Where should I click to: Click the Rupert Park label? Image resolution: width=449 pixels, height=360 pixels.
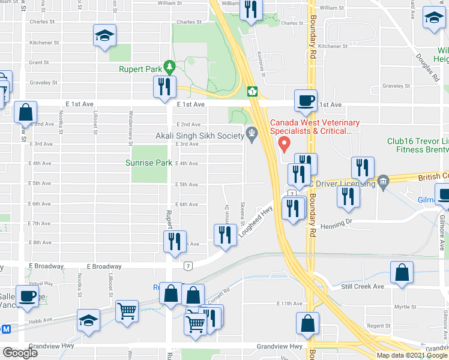(140, 70)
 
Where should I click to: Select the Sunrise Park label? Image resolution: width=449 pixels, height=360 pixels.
(149, 163)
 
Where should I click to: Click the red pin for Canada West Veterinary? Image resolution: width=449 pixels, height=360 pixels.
(285, 145)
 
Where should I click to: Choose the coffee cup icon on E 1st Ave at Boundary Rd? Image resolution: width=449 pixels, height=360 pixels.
(306, 100)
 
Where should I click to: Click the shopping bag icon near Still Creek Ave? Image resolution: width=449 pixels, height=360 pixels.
(402, 272)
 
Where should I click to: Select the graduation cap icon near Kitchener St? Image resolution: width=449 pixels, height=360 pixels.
(104, 35)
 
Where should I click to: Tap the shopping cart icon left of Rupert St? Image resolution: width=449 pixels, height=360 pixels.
(126, 310)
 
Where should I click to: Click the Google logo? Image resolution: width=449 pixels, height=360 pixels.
(20, 353)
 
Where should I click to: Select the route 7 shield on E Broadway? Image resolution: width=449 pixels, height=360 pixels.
(188, 265)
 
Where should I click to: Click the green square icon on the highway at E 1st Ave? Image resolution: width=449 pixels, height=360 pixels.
(253, 91)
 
